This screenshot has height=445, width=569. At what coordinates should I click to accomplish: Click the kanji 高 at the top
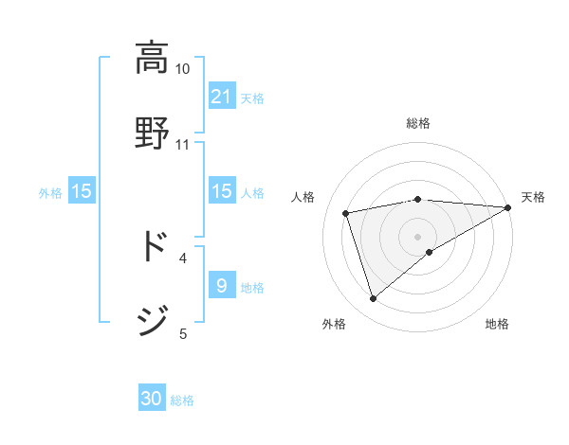(151, 59)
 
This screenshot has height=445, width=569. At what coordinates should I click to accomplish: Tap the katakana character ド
(152, 247)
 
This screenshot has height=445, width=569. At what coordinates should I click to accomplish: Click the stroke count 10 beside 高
(182, 69)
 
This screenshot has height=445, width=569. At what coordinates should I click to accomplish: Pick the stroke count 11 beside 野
(182, 145)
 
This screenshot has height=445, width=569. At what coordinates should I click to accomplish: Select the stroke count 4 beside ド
(183, 258)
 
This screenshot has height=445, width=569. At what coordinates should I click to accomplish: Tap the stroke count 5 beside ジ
(183, 333)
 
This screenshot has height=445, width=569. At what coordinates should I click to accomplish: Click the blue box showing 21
(222, 97)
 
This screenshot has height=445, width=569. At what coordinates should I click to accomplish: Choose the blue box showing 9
(222, 286)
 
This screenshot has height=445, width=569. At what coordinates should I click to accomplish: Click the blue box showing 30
(152, 399)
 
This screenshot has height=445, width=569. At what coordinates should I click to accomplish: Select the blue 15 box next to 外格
(82, 191)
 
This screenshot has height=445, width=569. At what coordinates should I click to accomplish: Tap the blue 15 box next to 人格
(222, 191)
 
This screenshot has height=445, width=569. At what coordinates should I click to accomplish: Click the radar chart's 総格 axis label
(418, 124)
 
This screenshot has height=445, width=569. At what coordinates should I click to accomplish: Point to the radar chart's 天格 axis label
(533, 197)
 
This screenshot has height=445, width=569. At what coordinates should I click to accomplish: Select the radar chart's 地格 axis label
(497, 325)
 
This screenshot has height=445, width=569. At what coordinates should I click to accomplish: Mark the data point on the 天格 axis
(508, 207)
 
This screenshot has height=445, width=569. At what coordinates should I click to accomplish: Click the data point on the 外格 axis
(373, 299)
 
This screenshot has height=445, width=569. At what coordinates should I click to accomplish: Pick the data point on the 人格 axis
(346, 212)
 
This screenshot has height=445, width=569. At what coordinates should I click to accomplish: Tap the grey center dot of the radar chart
(418, 236)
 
